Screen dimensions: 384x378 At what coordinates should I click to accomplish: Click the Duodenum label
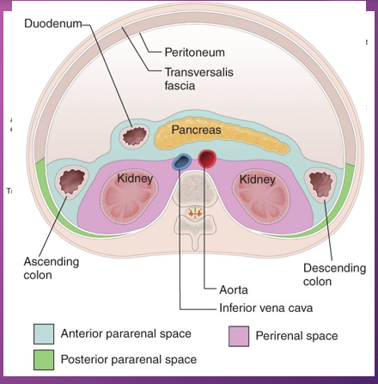pos(53,25)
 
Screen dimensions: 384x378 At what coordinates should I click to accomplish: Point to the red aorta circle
pos(207,159)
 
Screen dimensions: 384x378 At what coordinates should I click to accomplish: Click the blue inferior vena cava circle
pos(182,162)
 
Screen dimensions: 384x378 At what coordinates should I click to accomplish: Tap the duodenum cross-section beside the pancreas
pos(136,136)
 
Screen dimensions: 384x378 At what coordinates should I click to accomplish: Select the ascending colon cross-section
pos(70,181)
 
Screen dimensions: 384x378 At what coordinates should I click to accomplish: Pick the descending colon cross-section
pos(321,183)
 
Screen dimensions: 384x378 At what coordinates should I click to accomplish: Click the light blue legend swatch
pos(43,333)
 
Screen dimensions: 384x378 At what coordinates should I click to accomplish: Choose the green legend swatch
pos(43,358)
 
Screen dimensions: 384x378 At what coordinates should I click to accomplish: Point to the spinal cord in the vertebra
pos(195,209)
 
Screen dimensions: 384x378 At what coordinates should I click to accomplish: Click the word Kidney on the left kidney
pos(135,179)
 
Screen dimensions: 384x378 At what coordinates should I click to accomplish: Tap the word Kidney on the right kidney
pos(257,179)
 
